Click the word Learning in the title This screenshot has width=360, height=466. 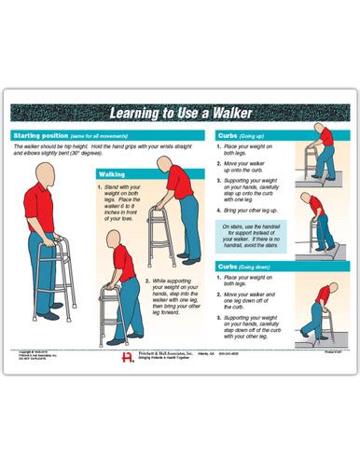tap(139, 114)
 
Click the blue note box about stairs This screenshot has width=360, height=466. tap(252, 237)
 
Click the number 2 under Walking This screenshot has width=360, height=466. tap(146, 279)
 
